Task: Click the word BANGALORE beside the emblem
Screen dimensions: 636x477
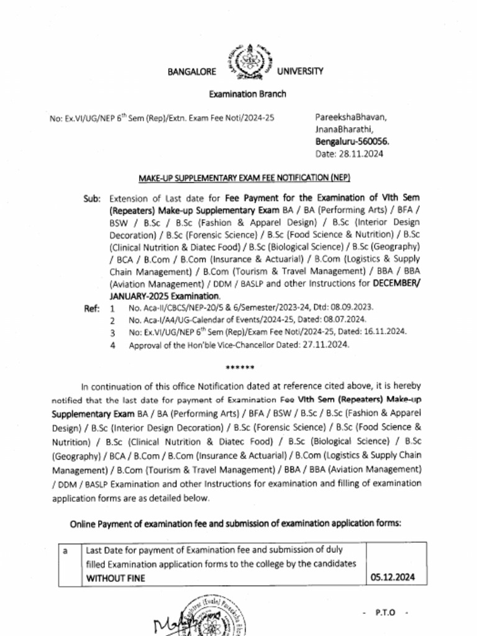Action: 192,71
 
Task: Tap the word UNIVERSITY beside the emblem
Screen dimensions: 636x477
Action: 300,71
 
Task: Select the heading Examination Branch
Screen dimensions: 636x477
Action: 247,94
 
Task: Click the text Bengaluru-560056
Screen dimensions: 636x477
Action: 352,141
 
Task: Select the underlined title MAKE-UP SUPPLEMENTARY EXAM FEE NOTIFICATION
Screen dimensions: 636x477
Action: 244,178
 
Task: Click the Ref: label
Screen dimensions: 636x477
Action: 92,308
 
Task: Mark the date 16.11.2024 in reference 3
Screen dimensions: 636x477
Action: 384,332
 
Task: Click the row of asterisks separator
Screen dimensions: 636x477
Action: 239,368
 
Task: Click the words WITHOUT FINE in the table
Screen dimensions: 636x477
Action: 115,578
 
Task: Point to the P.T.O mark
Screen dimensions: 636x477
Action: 384,612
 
